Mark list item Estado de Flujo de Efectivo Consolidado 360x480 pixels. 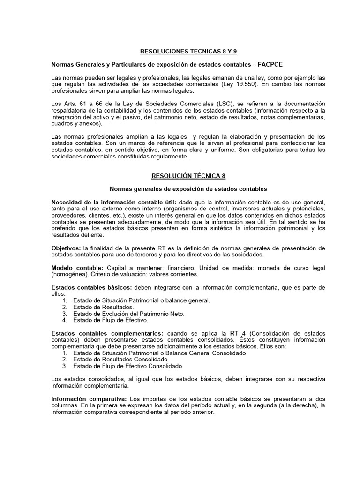(127, 366)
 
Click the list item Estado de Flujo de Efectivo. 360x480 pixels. (111, 320)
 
